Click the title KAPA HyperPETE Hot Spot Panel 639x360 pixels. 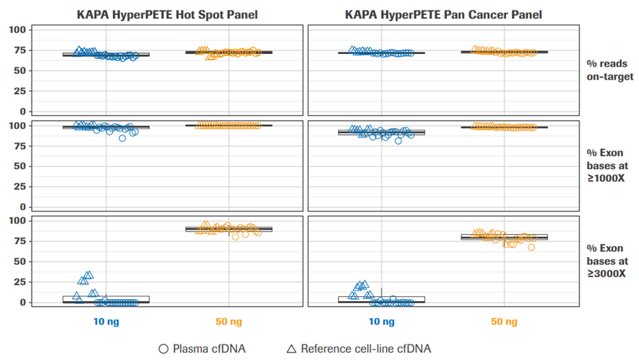click(x=167, y=13)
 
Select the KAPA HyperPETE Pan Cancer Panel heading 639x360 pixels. click(x=442, y=13)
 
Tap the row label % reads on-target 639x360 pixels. click(x=610, y=70)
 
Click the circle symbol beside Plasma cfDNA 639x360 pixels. click(x=163, y=349)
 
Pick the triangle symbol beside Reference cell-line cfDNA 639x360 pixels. click(x=290, y=349)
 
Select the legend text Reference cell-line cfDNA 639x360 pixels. click(x=366, y=349)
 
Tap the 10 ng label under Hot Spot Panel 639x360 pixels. click(x=106, y=322)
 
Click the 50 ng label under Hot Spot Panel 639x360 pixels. click(x=229, y=322)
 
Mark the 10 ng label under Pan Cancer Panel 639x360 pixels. click(x=381, y=322)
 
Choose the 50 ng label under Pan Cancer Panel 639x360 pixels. click(x=504, y=322)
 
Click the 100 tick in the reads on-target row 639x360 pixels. click(x=18, y=30)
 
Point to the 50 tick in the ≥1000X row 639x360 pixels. click(x=21, y=166)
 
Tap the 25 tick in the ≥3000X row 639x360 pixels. click(x=21, y=282)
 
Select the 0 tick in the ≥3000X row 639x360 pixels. click(x=23, y=302)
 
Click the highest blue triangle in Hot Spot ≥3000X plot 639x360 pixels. click(x=89, y=275)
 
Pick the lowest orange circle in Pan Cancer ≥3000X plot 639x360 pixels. click(x=531, y=247)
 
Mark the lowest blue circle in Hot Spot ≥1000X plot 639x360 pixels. click(x=122, y=138)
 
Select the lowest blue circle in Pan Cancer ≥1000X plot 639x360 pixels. click(x=398, y=141)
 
